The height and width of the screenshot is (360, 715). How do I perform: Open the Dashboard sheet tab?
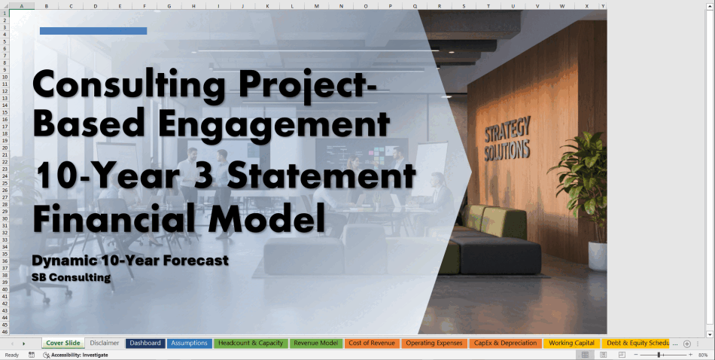(145, 343)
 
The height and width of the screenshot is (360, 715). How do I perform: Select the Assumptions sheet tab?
(189, 343)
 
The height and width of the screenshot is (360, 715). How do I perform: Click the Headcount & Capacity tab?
(251, 343)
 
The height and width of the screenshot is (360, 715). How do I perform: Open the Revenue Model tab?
(316, 343)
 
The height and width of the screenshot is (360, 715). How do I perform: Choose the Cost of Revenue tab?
(372, 343)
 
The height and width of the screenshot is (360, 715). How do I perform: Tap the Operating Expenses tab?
(434, 343)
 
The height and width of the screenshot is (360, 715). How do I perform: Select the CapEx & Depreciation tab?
(505, 343)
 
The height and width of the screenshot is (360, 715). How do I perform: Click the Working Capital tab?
(571, 343)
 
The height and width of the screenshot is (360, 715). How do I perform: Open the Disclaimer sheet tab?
(105, 343)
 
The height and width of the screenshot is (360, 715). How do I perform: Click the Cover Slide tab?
(63, 343)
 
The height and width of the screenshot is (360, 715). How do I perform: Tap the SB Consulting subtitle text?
(71, 277)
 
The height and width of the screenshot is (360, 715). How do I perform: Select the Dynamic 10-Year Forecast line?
(130, 261)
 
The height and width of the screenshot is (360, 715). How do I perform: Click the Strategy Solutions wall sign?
(507, 139)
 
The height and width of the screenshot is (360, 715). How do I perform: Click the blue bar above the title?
(93, 31)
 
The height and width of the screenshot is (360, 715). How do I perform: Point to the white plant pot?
(598, 256)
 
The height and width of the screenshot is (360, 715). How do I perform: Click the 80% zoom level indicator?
(703, 355)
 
